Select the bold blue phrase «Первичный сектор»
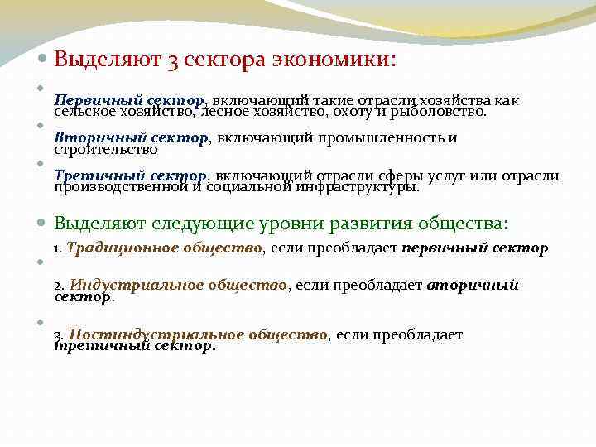pos(131,100)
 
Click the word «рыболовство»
pos(445,111)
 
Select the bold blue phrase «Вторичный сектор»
pos(131,137)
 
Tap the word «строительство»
pos(105,150)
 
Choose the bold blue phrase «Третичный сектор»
pos(130,175)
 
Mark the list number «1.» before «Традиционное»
pos(58,248)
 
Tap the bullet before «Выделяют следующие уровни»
pos(43,223)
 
